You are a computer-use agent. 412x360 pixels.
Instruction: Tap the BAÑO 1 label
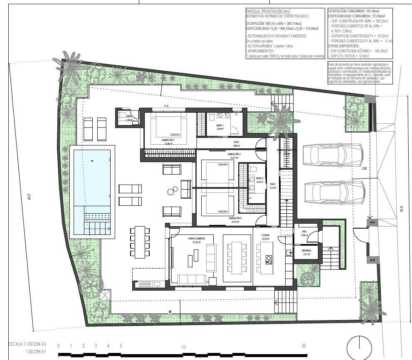tap(220, 125)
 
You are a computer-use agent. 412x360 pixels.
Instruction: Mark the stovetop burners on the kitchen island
tap(268, 260)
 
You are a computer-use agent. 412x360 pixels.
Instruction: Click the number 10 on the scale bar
tap(183, 346)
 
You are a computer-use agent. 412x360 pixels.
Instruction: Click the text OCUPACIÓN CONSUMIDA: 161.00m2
tap(353, 11)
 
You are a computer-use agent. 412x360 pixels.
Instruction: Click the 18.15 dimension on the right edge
tap(401, 210)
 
